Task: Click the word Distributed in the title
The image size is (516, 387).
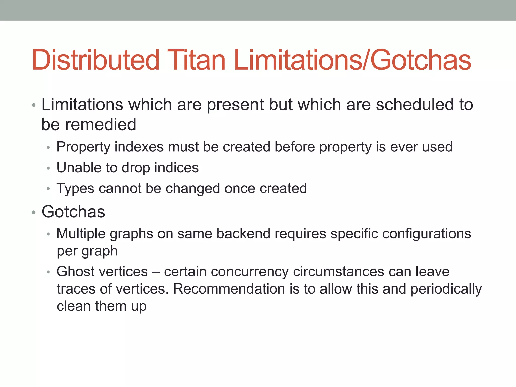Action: [x=96, y=60]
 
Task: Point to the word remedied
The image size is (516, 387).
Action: [x=101, y=124]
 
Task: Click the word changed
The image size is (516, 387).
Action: [x=193, y=189]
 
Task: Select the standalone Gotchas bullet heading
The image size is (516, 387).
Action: [x=73, y=212]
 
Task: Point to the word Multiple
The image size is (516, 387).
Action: [x=81, y=234]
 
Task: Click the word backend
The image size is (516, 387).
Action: [x=243, y=234]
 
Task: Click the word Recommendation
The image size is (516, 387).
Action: [x=229, y=289]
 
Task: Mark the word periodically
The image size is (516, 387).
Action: [x=446, y=289]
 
